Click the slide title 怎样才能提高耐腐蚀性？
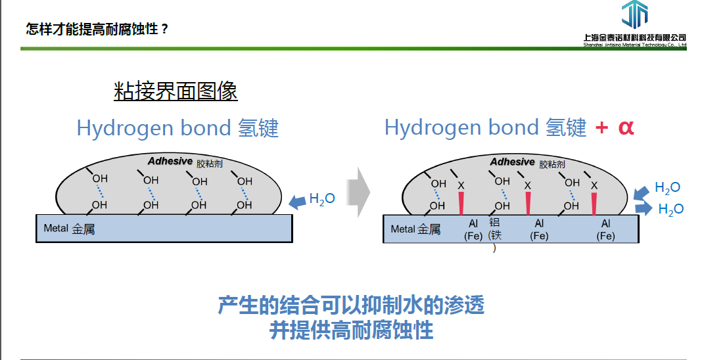pyautogui.click(x=97, y=30)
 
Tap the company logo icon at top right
pyautogui.click(x=634, y=15)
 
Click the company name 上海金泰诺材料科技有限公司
pyautogui.click(x=634, y=37)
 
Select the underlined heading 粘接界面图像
pyautogui.click(x=176, y=91)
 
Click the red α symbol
pyautogui.click(x=626, y=127)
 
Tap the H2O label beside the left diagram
pyautogui.click(x=322, y=198)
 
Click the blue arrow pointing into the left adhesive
pyautogui.click(x=298, y=200)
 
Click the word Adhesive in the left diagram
pyautogui.click(x=170, y=162)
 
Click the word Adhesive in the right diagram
pyautogui.click(x=512, y=162)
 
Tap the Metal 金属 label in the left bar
pyautogui.click(x=69, y=229)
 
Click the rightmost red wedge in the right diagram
pyautogui.click(x=594, y=203)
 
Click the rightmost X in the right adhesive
pyautogui.click(x=594, y=186)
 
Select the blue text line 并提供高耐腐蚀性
pyautogui.click(x=352, y=330)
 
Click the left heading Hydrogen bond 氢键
pyautogui.click(x=177, y=128)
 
